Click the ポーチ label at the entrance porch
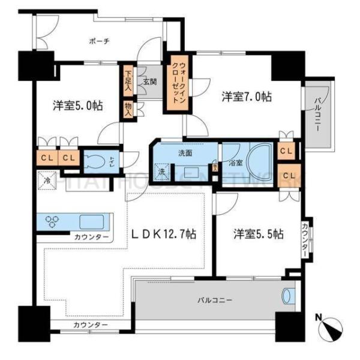[x=98, y=41]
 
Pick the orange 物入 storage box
[x=128, y=108]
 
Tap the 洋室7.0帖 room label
[x=246, y=96]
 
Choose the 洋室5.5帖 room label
[x=259, y=234]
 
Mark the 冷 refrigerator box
[x=47, y=179]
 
